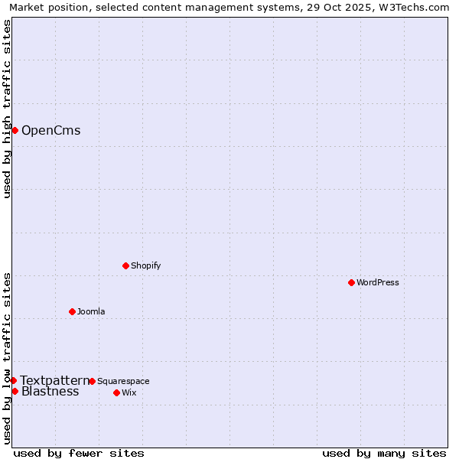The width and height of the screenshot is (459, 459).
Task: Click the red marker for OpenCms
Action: (15, 130)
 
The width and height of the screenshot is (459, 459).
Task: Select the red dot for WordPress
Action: (351, 282)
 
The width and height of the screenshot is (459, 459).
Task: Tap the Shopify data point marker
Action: (125, 265)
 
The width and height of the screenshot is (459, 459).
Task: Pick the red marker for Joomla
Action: (72, 311)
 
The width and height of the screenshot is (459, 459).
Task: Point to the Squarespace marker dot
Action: (92, 381)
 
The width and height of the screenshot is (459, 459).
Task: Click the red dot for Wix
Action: (116, 392)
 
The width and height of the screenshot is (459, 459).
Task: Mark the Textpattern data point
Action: (13, 380)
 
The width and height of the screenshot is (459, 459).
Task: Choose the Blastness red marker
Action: (15, 391)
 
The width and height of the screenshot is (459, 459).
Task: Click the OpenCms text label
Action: (50, 130)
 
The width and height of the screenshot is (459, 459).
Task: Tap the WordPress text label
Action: (378, 282)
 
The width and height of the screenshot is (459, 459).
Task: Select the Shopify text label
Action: (145, 265)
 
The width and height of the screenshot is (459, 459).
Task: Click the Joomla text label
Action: (91, 311)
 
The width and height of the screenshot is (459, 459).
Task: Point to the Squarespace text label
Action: (123, 381)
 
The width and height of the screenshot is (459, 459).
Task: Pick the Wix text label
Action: (129, 392)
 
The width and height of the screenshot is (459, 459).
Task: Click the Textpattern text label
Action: (54, 380)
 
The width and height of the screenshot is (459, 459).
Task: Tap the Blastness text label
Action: (50, 392)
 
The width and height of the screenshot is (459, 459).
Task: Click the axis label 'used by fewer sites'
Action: (79, 453)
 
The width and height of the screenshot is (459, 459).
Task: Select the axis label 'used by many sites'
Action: (384, 453)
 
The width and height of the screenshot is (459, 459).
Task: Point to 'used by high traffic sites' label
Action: (7, 109)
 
